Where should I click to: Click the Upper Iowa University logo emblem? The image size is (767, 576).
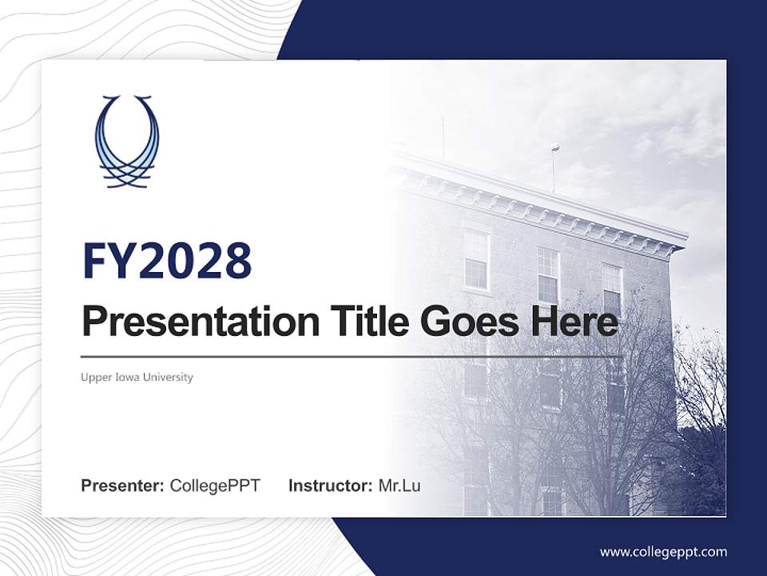point(127,142)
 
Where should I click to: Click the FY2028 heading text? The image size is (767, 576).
point(167,260)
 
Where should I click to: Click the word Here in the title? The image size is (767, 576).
point(570,322)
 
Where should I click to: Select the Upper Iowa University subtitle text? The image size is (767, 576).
point(137,377)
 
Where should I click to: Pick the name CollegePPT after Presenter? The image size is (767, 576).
point(215,486)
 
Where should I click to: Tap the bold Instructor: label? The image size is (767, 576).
point(330,486)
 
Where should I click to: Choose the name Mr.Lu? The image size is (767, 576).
point(399,486)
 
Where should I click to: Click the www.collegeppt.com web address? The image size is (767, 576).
point(663,551)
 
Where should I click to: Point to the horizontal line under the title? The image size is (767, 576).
point(352,356)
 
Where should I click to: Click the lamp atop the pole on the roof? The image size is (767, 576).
point(555,147)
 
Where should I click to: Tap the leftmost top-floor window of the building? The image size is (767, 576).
point(476,259)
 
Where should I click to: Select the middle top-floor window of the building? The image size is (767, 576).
point(548,274)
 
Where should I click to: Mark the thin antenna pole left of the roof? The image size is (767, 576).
point(443,136)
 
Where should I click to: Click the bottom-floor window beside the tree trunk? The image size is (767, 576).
point(551,500)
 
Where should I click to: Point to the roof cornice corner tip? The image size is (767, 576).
point(685,237)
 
